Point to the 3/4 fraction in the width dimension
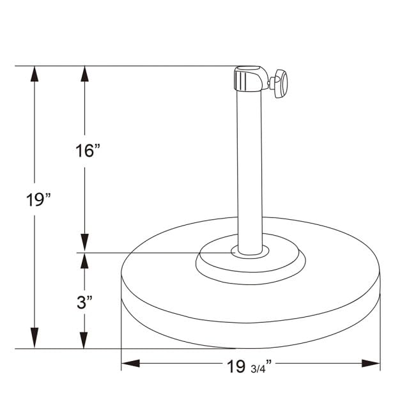tap(261, 367)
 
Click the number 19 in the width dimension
tap(236, 366)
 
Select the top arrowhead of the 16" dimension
tap(84, 74)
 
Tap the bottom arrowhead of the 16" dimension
tap(84, 243)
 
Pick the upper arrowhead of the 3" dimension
tap(82, 261)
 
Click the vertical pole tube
tap(249, 166)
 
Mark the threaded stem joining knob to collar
tap(268, 82)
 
